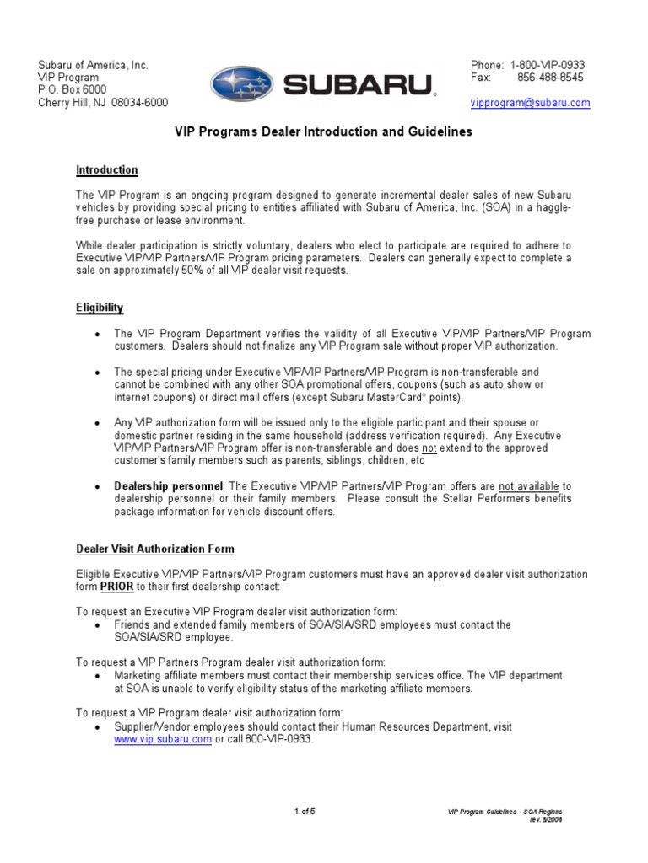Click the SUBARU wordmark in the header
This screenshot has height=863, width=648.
pos(359,85)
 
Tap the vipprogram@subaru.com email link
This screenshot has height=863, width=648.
pos(530,103)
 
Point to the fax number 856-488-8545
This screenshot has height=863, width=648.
pos(549,78)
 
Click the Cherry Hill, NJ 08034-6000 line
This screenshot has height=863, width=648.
pos(104,103)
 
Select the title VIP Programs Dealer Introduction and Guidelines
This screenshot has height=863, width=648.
pos(323,132)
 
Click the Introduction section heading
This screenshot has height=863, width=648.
pos(107,169)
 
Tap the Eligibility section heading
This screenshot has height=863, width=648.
pos(100,308)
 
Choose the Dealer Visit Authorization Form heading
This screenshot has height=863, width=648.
pos(155,549)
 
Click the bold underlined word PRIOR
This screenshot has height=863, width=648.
pos(116,587)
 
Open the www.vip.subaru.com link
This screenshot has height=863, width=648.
pos(163,739)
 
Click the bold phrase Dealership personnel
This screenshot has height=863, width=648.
pos(169,486)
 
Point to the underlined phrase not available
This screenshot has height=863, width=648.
pos(529,486)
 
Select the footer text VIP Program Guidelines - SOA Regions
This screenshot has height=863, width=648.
pos(504,812)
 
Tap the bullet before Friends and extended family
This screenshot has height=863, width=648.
pos(98,625)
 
